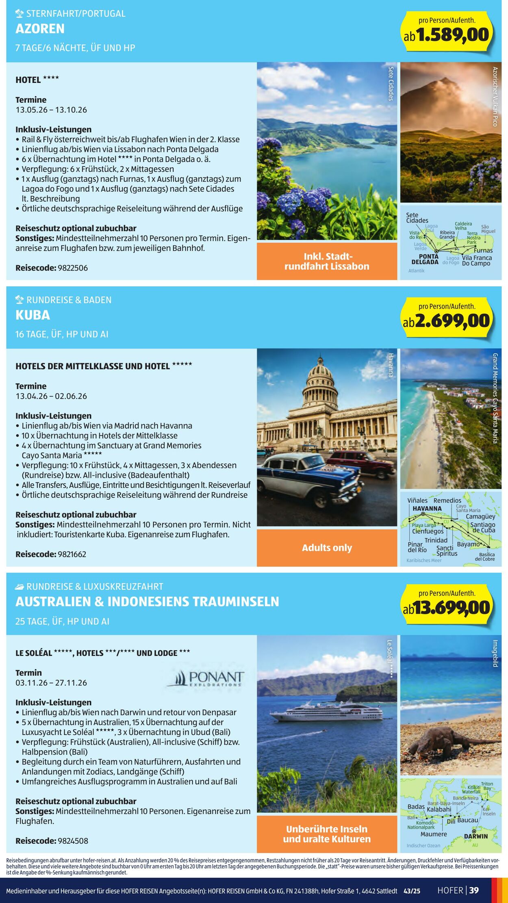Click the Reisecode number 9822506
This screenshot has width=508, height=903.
(73, 268)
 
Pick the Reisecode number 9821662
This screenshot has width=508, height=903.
(72, 554)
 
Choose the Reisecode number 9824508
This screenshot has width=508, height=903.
(73, 841)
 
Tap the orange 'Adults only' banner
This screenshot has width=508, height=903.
(327, 548)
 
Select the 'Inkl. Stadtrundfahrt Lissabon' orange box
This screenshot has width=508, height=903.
(327, 262)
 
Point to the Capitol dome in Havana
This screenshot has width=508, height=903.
(321, 378)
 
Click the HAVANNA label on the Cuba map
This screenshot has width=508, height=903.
(427, 509)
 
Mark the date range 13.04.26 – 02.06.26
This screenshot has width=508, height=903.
(51, 396)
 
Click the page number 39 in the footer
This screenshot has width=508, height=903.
(474, 890)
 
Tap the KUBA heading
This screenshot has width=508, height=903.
(33, 315)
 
